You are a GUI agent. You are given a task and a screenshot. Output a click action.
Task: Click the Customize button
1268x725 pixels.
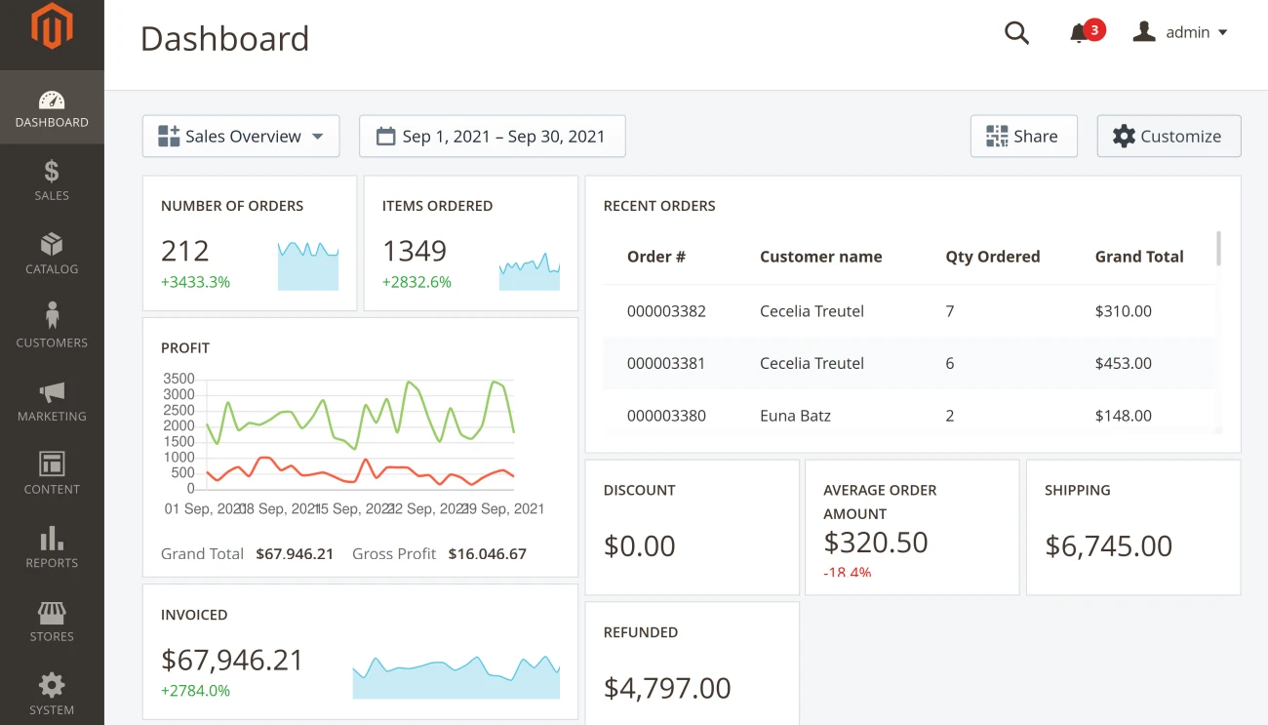click(x=1169, y=137)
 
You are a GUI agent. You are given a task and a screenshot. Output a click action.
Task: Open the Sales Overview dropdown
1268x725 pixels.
click(x=241, y=137)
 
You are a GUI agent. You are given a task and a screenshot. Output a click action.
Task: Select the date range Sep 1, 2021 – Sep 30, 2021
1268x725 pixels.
click(x=492, y=137)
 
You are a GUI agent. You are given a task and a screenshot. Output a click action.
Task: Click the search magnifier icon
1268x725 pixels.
click(x=1016, y=33)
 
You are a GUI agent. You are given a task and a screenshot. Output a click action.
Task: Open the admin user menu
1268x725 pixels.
click(x=1180, y=32)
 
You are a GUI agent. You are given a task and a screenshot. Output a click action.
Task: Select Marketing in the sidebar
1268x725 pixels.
click(x=52, y=401)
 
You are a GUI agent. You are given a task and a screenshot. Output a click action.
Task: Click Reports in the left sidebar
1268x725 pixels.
click(x=52, y=547)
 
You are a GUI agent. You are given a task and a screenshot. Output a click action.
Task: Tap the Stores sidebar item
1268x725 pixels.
click(x=52, y=622)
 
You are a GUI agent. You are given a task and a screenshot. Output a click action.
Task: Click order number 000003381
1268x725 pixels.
click(x=666, y=363)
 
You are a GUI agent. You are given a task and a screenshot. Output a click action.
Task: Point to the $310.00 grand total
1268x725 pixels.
click(x=1123, y=311)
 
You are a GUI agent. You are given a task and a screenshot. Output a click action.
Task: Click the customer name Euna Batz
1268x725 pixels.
click(x=795, y=416)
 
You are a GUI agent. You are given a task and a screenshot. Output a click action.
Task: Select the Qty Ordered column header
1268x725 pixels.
click(x=992, y=257)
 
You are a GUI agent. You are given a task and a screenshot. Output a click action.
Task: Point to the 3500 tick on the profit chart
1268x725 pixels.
click(x=178, y=379)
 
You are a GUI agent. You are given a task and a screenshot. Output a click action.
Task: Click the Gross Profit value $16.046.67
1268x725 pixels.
click(x=487, y=554)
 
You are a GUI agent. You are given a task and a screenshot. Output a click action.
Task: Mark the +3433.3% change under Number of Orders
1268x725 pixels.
click(x=195, y=282)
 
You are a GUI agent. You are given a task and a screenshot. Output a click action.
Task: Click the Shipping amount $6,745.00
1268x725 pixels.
click(x=1108, y=545)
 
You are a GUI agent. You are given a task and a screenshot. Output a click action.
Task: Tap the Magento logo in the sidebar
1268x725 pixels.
click(x=52, y=26)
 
